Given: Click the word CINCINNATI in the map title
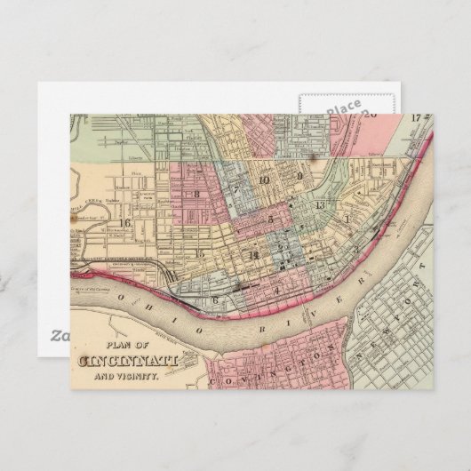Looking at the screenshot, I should (x=129, y=361).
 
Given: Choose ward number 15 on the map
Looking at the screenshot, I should (x=201, y=253).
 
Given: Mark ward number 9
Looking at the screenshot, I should (x=300, y=176).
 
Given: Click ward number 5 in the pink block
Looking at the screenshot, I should (x=270, y=218).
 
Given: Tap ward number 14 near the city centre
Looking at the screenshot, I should (x=253, y=256).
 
